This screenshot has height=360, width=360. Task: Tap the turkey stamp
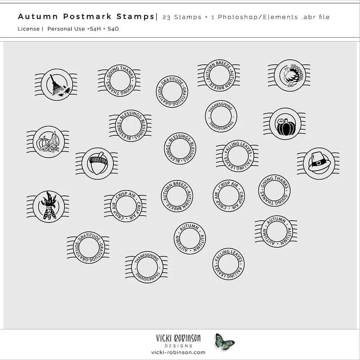pyautogui.click(x=289, y=76)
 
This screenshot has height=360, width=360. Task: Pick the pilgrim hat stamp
pyautogui.click(x=319, y=163)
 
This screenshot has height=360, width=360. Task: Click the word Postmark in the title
pyautogui.click(x=87, y=17)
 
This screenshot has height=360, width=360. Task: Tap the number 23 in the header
pyautogui.click(x=166, y=17)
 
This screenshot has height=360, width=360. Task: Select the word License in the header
pyautogui.click(x=29, y=29)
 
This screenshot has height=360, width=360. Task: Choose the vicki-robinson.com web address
pyautogui.click(x=179, y=352)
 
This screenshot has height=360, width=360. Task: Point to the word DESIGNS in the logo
pyautogui.click(x=179, y=346)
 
